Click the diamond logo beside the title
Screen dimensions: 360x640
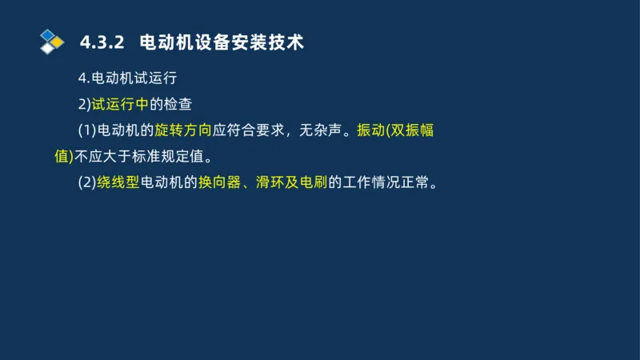point(51,41)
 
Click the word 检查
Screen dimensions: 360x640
point(178,103)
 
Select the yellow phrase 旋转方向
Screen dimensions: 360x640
point(183,130)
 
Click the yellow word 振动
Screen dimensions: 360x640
point(371,130)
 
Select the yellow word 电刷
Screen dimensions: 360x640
point(313,182)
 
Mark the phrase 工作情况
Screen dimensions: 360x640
point(370,182)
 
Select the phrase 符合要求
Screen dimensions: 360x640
point(256,130)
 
